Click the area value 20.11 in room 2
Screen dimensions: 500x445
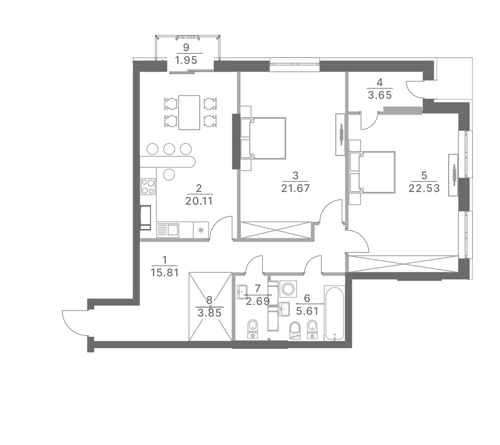(199, 201)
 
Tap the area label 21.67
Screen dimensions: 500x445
(295, 188)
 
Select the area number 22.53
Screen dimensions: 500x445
(424, 188)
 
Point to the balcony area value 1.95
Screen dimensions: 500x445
(186, 60)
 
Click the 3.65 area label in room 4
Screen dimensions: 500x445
(380, 95)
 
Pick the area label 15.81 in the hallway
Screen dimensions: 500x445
(165, 273)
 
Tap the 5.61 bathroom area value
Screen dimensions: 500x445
(307, 311)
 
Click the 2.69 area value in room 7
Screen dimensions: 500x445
(258, 301)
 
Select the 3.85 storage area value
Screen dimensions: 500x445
(209, 313)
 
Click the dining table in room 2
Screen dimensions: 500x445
(189, 113)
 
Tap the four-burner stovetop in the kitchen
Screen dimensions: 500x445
(148, 186)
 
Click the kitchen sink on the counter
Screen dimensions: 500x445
(168, 230)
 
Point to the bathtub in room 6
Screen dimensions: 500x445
(334, 313)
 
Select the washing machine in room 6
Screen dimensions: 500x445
(288, 289)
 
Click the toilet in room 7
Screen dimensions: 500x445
(252, 329)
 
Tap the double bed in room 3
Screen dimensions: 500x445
(268, 138)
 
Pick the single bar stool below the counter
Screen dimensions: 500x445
(169, 175)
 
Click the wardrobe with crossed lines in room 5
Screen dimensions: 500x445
(403, 264)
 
